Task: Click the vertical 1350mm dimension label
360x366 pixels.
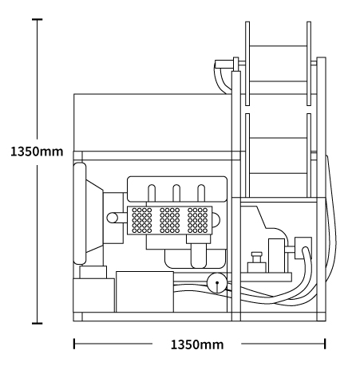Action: tap(37, 152)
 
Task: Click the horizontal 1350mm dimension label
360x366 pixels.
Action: tap(197, 344)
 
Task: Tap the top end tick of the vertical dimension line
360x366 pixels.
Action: tap(37, 19)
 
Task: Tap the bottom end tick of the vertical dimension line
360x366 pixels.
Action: tap(37, 323)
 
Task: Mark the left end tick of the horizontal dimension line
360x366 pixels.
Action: tap(74, 344)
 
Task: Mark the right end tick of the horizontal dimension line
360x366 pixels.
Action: tap(325, 344)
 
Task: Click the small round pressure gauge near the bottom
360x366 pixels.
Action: tap(217, 283)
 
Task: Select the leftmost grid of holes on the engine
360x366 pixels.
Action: tap(142, 220)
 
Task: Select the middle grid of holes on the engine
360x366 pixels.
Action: tap(169, 220)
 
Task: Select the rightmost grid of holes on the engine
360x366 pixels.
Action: tap(197, 220)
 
